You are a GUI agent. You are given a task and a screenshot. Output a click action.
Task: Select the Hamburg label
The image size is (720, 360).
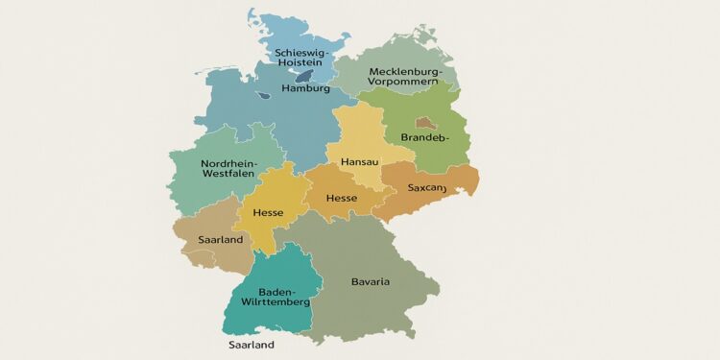[x=306, y=88]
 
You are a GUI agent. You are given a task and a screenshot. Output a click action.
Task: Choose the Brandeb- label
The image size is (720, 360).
[x=424, y=138]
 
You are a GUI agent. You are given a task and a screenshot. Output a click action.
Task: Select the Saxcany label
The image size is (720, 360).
[x=427, y=188]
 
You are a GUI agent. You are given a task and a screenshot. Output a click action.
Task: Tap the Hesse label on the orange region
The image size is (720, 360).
[x=342, y=198]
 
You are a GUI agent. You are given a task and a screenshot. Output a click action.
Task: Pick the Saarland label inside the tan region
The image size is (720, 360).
[x=220, y=239]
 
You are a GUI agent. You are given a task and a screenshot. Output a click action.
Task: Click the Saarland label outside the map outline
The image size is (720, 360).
[x=252, y=344]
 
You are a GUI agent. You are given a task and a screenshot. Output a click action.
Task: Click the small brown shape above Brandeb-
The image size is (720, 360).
[x=423, y=123]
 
